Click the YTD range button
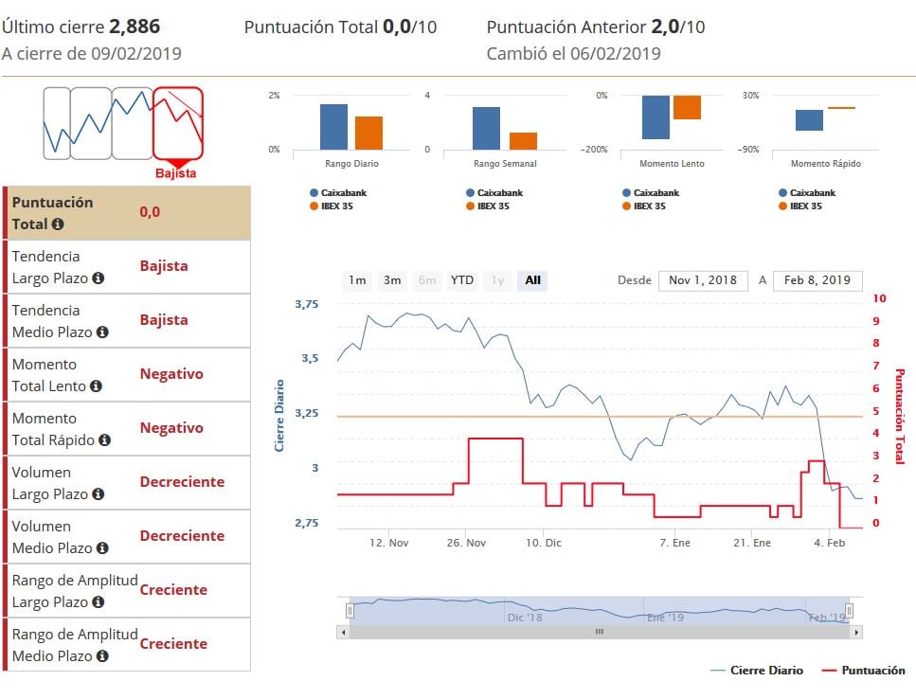pyautogui.click(x=462, y=280)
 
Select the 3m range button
pyautogui.click(x=392, y=280)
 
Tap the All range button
pyautogui.click(x=532, y=280)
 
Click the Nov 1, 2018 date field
pyautogui.click(x=702, y=280)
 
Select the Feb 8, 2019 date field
pyautogui.click(x=817, y=280)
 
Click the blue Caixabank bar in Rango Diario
pyautogui.click(x=333, y=127)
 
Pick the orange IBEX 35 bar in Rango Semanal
pyautogui.click(x=523, y=140)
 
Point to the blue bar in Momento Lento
pyautogui.click(x=656, y=117)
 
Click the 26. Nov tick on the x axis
pyautogui.click(x=465, y=543)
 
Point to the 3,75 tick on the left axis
pyautogui.click(x=307, y=304)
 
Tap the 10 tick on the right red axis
pyautogui.click(x=879, y=298)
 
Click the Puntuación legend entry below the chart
pyautogui.click(x=863, y=671)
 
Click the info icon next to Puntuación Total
pyautogui.click(x=58, y=224)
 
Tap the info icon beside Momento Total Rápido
pyautogui.click(x=104, y=440)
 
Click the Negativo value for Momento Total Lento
pyautogui.click(x=171, y=374)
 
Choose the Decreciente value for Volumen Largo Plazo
pyautogui.click(x=182, y=482)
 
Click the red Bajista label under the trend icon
pyautogui.click(x=176, y=173)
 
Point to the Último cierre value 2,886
pyautogui.click(x=135, y=27)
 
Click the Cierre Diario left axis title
pyautogui.click(x=280, y=415)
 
